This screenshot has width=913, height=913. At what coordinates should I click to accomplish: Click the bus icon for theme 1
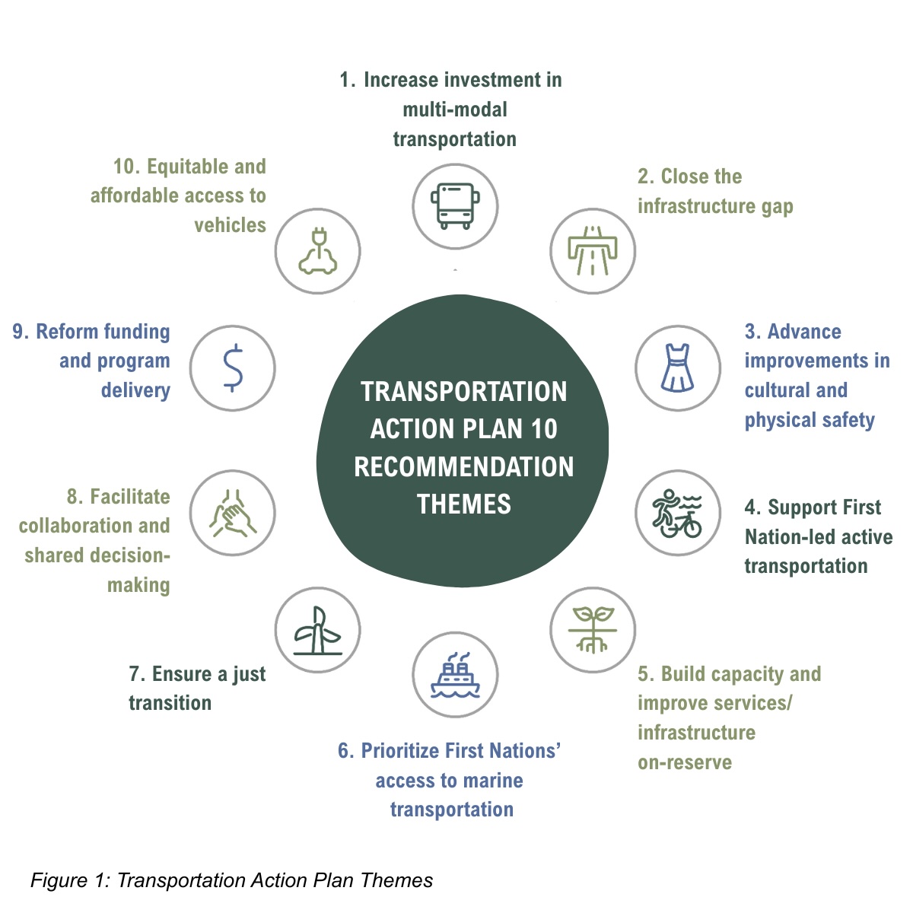point(455,206)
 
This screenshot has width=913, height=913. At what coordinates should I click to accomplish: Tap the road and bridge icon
point(592,251)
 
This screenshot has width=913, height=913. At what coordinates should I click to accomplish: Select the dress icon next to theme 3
point(677,368)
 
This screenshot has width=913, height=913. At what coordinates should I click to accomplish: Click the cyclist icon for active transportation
point(677,513)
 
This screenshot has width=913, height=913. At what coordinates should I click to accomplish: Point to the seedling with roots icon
point(592,629)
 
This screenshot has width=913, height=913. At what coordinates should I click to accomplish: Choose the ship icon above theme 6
point(455,675)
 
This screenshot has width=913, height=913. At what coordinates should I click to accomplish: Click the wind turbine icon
point(317,630)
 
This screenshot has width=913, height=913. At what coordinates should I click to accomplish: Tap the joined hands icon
point(232,513)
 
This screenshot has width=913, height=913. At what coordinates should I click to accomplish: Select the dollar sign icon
point(232,368)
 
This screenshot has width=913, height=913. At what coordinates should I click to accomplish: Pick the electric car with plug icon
point(317,251)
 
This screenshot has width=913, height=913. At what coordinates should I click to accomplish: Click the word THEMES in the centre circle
point(463,504)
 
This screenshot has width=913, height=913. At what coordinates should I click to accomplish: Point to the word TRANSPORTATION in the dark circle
point(463,391)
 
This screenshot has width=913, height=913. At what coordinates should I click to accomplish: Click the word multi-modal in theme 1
point(455,110)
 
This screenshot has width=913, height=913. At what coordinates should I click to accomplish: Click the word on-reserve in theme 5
point(685,762)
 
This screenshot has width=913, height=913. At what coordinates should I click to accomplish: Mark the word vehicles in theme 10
point(230,225)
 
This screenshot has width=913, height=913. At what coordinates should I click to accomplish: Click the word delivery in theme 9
point(135,390)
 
